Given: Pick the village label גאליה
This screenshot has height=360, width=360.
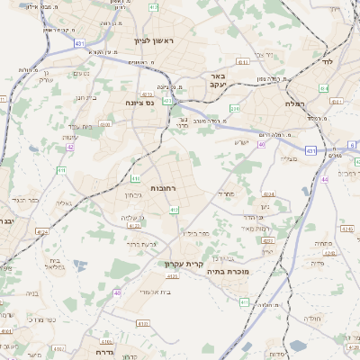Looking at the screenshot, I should coord(64,202).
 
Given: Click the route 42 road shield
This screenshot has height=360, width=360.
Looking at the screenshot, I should coord(70,147).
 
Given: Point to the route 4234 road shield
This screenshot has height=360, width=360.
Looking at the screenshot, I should coord(268,193).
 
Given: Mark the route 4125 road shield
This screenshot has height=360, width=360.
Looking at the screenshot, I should coord(41,232).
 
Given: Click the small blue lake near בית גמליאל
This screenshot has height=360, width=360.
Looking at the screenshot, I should coord(79,266).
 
